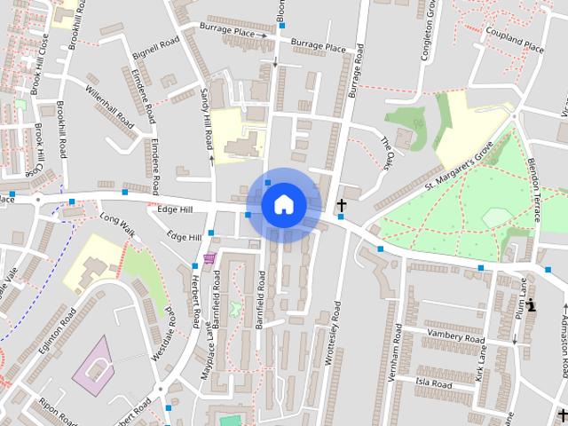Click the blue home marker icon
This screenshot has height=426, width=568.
point(283,204)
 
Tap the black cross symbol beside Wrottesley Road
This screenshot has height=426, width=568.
point(341,207)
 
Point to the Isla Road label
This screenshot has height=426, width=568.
point(434,384)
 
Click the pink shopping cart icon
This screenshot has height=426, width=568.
point(209,258)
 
